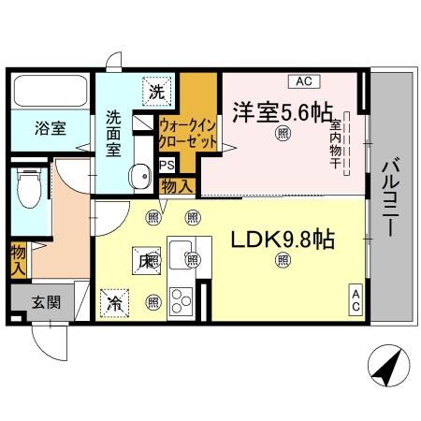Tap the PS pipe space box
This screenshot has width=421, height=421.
coord(167,165)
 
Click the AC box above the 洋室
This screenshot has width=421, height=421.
coord(305,80)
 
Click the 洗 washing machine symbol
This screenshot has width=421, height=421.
coord(158,91)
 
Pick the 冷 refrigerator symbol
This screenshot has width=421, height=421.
coord(112,301)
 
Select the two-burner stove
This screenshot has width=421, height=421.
coord(181,301)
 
